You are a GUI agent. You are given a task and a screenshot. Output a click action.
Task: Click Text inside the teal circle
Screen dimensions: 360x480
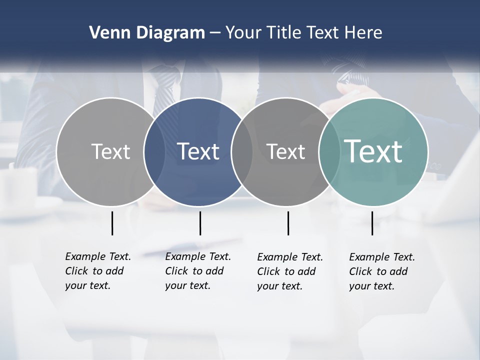[x=373, y=151]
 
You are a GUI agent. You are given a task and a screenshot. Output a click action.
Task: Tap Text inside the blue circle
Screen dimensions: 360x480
[x=198, y=151]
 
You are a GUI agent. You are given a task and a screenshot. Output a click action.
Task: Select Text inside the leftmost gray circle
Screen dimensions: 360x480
[x=110, y=151]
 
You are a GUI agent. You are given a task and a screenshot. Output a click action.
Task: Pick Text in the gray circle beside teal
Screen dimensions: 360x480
[x=285, y=151]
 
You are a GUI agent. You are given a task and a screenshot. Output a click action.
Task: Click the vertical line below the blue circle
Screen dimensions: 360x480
[x=200, y=223]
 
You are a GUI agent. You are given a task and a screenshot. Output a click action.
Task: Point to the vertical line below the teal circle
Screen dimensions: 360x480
[x=372, y=223]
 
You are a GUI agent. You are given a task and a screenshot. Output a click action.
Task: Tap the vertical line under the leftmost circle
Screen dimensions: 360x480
[x=112, y=223]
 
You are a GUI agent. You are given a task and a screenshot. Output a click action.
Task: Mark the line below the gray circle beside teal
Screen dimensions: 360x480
[x=288, y=223]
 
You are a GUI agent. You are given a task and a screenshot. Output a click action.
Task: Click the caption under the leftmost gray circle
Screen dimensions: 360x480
[x=97, y=271]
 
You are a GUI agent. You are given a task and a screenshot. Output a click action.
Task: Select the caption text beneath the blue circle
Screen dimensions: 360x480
[x=197, y=271]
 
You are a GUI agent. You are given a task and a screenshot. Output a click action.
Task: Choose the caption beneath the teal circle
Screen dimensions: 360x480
[x=381, y=271]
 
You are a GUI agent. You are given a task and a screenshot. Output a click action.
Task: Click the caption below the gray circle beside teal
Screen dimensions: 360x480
[x=289, y=271]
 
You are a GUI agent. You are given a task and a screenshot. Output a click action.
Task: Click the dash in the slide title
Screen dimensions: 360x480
[x=215, y=33]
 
